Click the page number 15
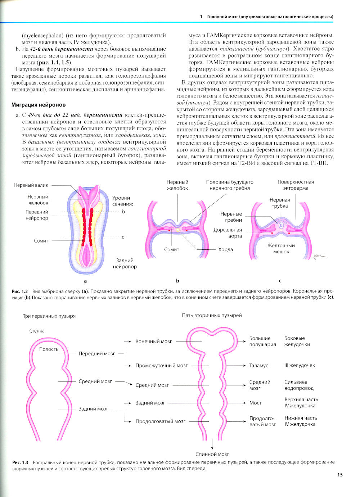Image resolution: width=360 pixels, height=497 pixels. point(340,475)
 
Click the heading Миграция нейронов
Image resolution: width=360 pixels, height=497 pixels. point(39,105)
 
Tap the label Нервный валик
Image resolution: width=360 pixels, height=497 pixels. point(31,185)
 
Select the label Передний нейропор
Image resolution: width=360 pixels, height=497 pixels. point(37,215)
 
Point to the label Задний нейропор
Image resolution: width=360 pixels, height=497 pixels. point(125,263)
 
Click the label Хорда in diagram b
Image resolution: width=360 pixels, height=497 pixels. point(225,249)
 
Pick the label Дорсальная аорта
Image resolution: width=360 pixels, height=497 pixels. point(228,233)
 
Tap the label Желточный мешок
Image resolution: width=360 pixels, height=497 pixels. point(281,249)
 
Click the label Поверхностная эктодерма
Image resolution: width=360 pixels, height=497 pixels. point(296,185)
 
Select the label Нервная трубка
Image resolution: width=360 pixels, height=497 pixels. point(280,203)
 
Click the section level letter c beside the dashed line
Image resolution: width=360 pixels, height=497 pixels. point(123,237)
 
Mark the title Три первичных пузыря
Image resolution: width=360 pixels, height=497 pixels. point(49,316)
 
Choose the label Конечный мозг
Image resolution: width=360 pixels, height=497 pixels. point(154,341)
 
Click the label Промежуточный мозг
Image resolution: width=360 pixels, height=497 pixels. point(162,365)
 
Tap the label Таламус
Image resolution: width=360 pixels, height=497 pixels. point(258,365)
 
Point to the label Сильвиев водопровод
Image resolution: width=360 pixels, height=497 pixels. point(299,385)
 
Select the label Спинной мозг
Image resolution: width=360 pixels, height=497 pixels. point(212,454)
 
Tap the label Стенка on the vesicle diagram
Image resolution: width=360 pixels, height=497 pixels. point(37,331)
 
